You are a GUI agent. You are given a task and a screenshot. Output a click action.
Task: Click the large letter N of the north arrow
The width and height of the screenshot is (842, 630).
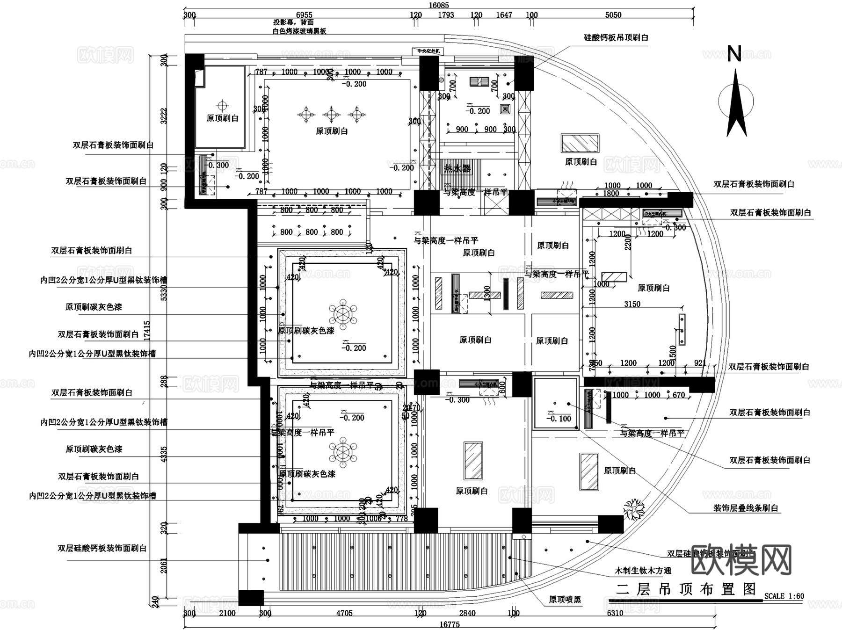[734, 54]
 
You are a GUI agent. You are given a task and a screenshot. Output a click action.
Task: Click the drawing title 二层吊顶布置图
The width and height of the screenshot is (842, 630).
[686, 589]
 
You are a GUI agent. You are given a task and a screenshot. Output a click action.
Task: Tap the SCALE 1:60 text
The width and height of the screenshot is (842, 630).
[784, 596]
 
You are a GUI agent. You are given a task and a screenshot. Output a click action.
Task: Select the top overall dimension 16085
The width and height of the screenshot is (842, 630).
[438, 5]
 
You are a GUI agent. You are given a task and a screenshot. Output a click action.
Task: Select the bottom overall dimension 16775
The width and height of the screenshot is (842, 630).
[450, 624]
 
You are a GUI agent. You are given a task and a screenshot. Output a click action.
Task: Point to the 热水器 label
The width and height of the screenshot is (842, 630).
[457, 168]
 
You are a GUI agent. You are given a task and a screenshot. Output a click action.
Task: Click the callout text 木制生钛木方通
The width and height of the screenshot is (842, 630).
[643, 571]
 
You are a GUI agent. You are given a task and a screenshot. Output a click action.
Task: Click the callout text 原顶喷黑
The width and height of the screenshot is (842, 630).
[565, 600]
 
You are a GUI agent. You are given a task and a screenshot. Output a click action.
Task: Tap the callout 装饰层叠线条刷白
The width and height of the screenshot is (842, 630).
[746, 508]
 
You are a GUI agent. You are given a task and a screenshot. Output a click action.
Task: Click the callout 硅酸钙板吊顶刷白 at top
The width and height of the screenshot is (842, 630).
[616, 37]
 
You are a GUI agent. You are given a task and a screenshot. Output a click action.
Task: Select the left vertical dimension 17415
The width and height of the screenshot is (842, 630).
[147, 330]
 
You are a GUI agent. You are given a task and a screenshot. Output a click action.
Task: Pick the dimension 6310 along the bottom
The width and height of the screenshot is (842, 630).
[615, 613]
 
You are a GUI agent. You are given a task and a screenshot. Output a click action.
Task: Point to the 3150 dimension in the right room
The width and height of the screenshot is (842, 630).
[632, 304]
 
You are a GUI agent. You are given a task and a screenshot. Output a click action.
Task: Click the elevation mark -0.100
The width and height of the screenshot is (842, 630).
[559, 419]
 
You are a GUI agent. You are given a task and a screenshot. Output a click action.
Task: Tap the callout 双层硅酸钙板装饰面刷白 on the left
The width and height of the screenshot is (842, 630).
[102, 548]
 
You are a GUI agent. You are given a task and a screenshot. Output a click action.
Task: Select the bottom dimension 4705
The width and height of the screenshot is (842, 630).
[344, 613]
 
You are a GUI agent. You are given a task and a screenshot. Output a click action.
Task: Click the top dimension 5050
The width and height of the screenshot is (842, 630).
[613, 15]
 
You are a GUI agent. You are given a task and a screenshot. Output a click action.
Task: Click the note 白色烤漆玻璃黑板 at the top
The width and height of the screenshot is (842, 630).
[299, 31]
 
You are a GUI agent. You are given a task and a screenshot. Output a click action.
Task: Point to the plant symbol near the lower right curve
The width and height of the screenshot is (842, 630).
[634, 509]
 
